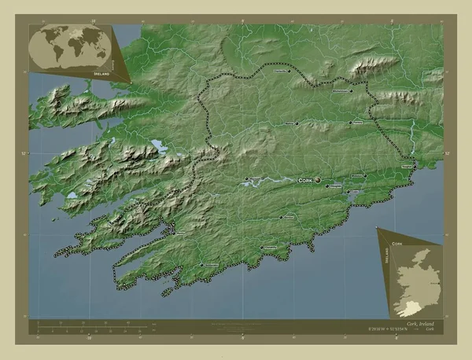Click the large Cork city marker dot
pyautogui.click(x=318, y=180)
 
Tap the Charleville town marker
pyautogui.click(x=289, y=72)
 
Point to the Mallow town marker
pyautogui.click(x=297, y=123)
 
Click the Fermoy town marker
pyautogui.click(x=349, y=122)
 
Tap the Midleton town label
pyautogui.click(x=357, y=175)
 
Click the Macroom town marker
pyautogui.click(x=249, y=178)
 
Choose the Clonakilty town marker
pyautogui.click(x=261, y=248)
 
